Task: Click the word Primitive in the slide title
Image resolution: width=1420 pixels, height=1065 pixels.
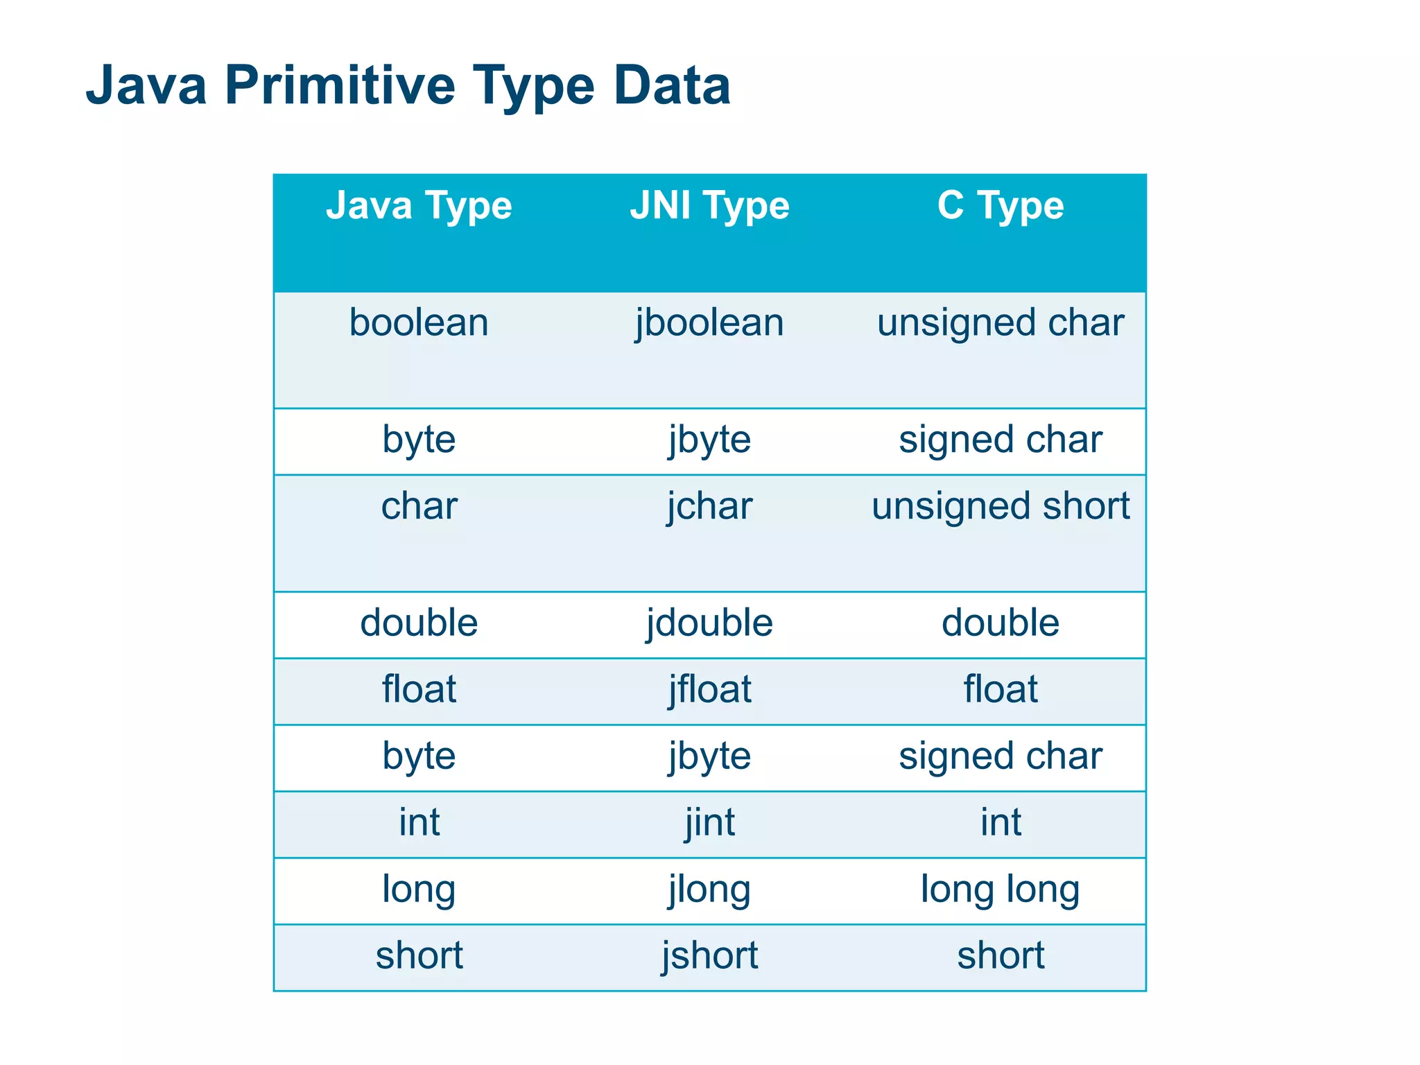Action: (x=339, y=85)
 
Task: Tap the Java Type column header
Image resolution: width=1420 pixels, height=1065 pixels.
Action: (x=419, y=205)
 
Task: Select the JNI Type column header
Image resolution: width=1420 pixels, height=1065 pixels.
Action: (x=709, y=205)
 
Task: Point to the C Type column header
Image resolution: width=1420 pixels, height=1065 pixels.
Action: (x=1000, y=205)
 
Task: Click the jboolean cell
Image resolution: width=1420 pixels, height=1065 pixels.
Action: (x=709, y=323)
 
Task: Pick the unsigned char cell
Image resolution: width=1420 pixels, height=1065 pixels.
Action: (x=1000, y=323)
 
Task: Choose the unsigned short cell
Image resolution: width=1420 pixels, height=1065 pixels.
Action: (x=1000, y=506)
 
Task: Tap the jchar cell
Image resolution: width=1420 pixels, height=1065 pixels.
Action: (x=709, y=506)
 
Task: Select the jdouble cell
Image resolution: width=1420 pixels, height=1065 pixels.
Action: (x=709, y=623)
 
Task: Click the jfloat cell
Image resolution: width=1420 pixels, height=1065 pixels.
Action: (x=709, y=689)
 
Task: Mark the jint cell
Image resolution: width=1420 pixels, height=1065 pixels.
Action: (x=709, y=822)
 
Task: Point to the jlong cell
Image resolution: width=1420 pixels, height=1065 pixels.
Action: (x=709, y=889)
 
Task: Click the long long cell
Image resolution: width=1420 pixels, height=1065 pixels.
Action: (x=1000, y=889)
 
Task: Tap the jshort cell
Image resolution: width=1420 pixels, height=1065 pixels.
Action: (x=709, y=955)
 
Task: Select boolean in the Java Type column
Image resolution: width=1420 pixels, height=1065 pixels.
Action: (x=419, y=323)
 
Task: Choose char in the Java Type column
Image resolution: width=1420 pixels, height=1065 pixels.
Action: (x=419, y=506)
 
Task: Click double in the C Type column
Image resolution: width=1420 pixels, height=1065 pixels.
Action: (x=1000, y=623)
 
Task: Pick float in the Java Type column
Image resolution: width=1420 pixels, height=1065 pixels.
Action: (x=419, y=689)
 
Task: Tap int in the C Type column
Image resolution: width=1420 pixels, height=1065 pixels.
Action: (x=1000, y=822)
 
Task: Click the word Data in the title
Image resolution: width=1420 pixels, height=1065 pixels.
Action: (x=671, y=85)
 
